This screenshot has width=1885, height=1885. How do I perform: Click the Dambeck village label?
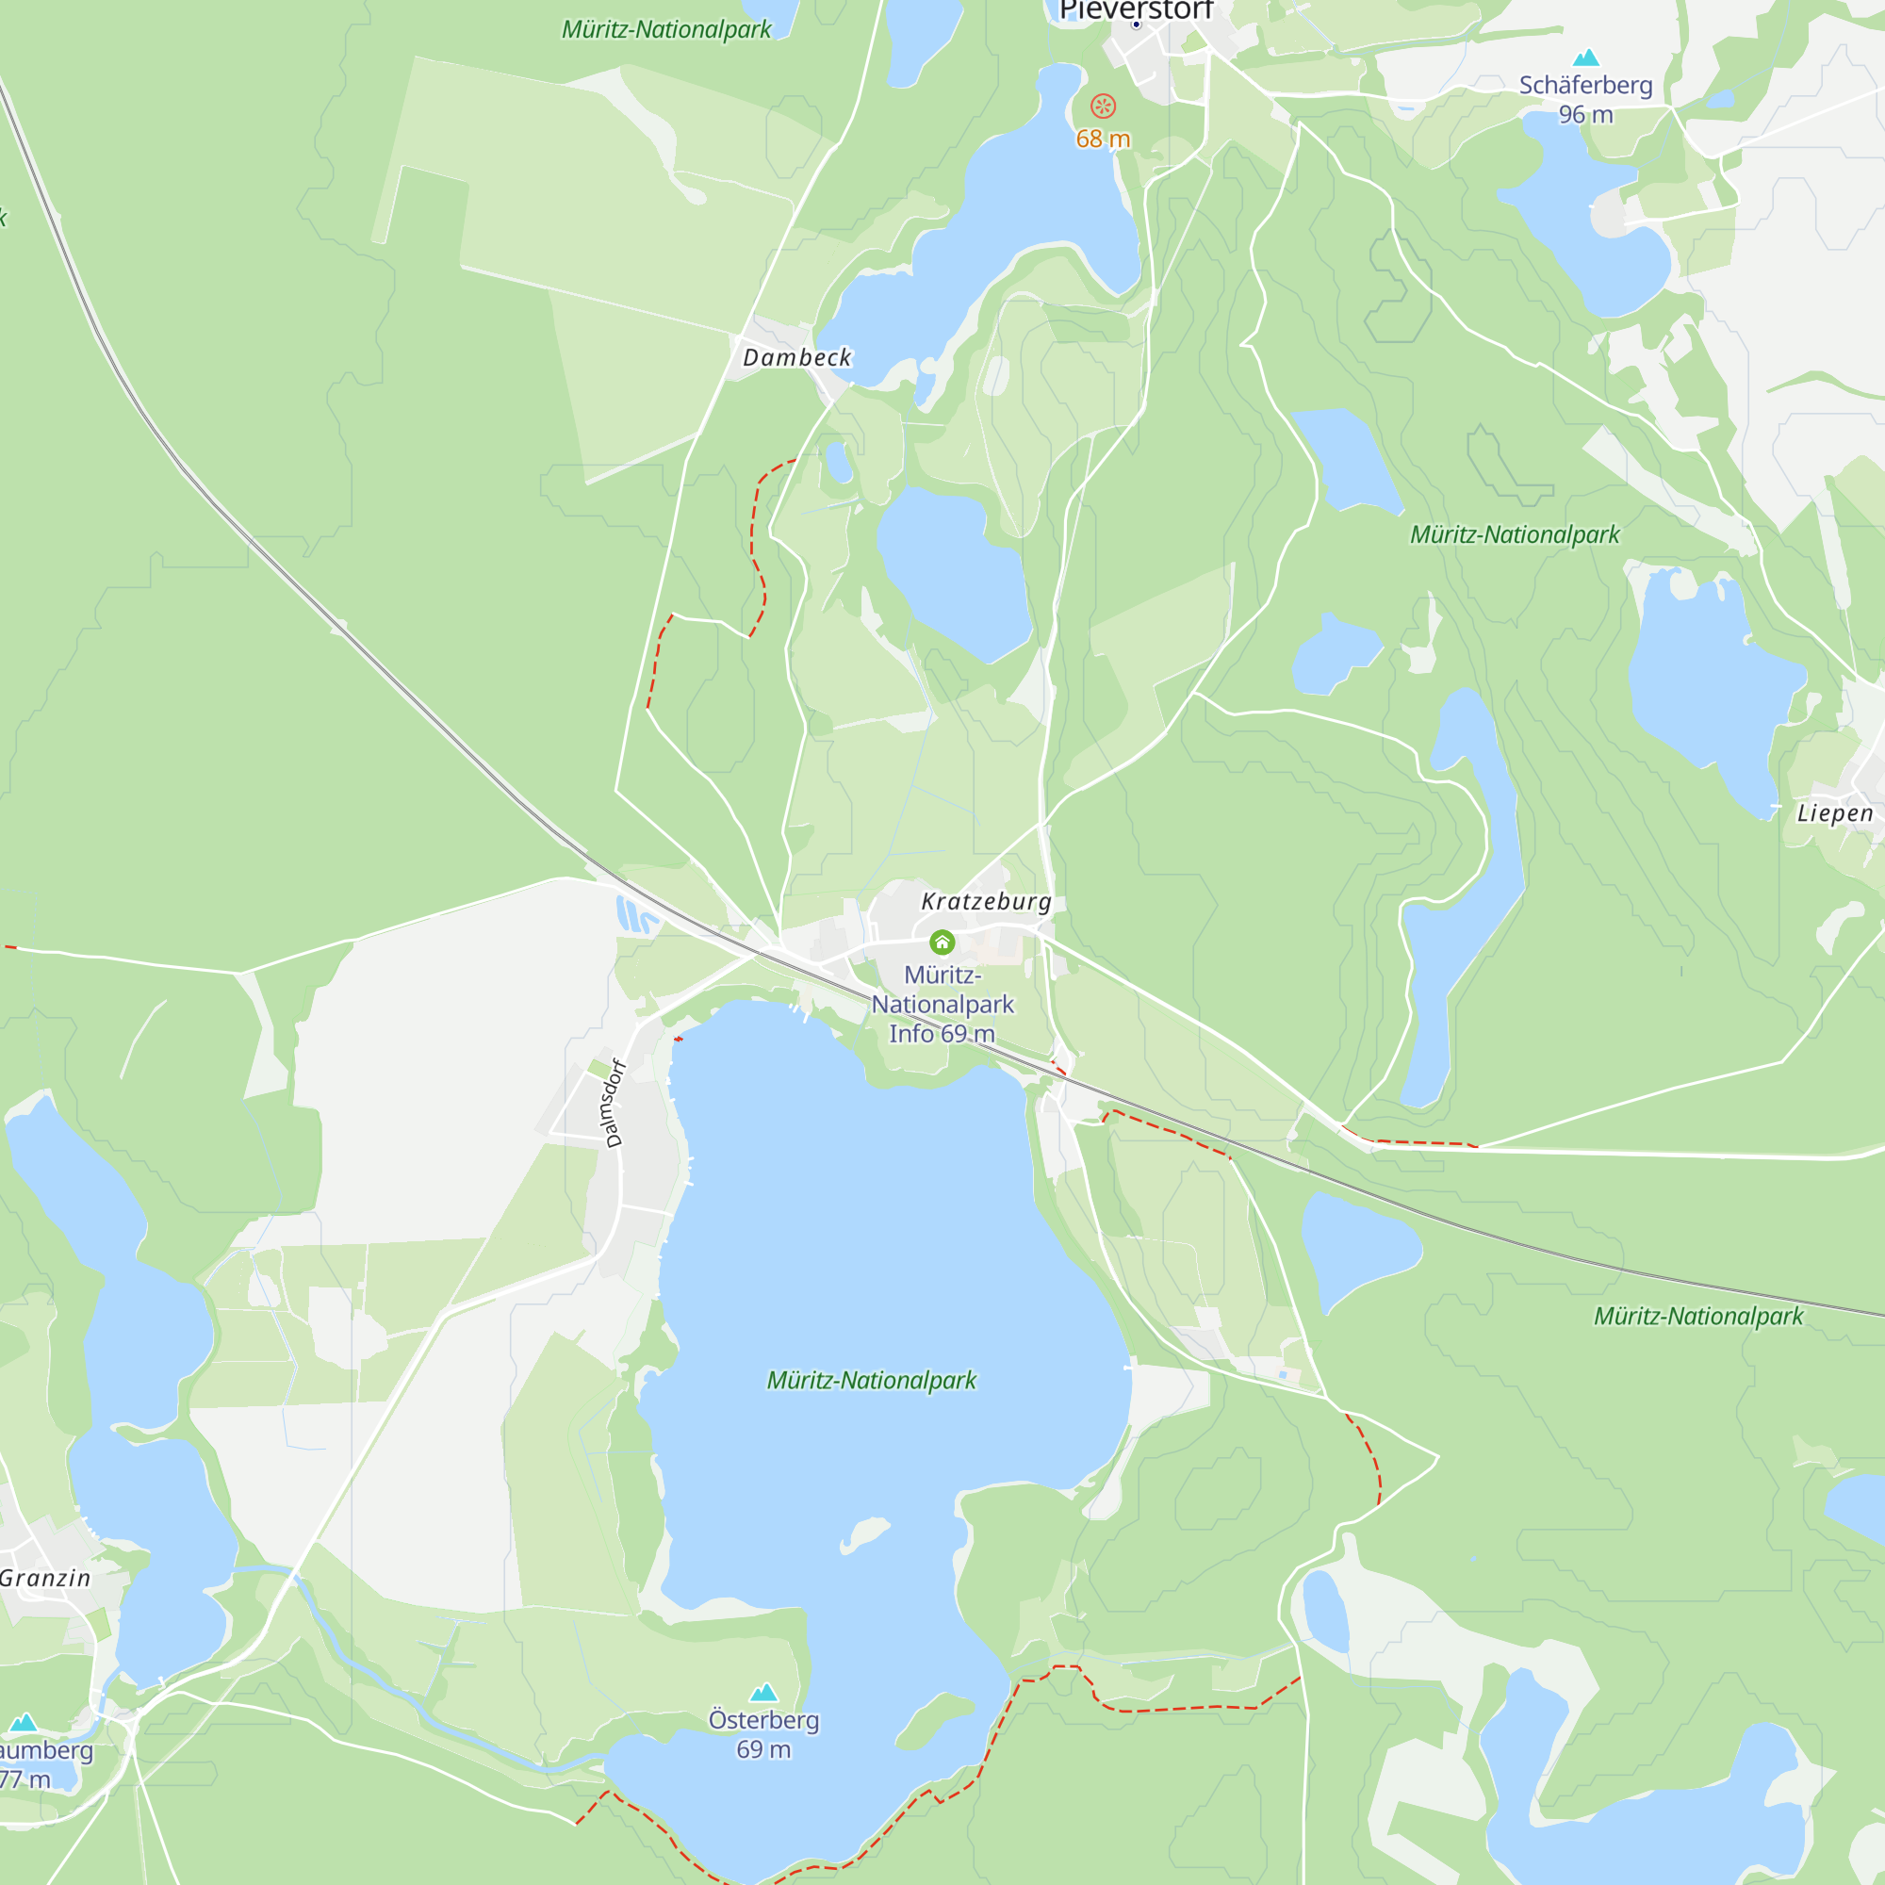797,358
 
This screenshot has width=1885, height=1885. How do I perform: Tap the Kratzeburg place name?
987,902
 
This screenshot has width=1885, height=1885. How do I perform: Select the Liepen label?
1834,813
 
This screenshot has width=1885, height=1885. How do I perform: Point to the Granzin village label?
45,1578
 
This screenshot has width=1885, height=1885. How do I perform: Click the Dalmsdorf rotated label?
614,1103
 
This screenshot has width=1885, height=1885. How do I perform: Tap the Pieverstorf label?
1136,10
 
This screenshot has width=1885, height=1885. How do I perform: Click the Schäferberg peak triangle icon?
1586,57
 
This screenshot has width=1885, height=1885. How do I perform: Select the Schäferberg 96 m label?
1585,100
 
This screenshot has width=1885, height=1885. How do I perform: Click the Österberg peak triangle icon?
764,1692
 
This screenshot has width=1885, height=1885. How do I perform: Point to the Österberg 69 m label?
764,1734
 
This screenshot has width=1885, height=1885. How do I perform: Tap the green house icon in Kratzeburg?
942,942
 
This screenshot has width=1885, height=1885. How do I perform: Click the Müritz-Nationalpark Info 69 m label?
942,1004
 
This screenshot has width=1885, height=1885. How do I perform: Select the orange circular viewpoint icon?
1103,106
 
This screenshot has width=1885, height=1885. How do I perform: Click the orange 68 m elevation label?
1103,139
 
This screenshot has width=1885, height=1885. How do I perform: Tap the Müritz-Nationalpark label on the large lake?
871,1381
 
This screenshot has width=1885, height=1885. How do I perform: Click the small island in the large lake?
863,1533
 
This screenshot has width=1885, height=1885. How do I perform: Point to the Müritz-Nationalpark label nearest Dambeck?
666,29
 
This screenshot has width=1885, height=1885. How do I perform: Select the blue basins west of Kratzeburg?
635,915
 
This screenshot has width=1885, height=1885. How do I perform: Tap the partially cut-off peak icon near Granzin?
23,1722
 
